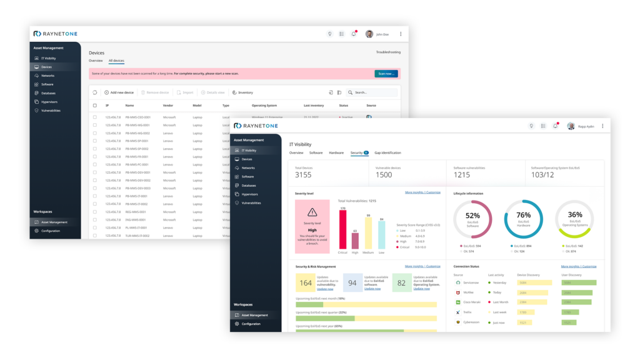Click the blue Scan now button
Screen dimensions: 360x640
[386, 74]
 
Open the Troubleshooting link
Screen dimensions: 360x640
[388, 52]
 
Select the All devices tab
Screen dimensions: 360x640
[116, 61]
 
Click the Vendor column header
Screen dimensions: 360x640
[168, 106]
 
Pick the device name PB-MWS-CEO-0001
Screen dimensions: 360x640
[137, 117]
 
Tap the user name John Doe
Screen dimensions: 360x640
[382, 34]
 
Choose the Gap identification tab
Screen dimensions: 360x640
[387, 152]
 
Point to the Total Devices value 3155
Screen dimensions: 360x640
[303, 175]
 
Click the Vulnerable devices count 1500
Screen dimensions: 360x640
[384, 175]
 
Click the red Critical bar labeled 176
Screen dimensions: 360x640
[342, 229]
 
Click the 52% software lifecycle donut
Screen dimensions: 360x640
[472, 219]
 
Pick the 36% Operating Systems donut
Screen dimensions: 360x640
[575, 219]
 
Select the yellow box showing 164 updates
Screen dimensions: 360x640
[306, 283]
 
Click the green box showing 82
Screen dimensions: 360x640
[402, 283]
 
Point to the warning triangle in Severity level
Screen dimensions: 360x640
[312, 212]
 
